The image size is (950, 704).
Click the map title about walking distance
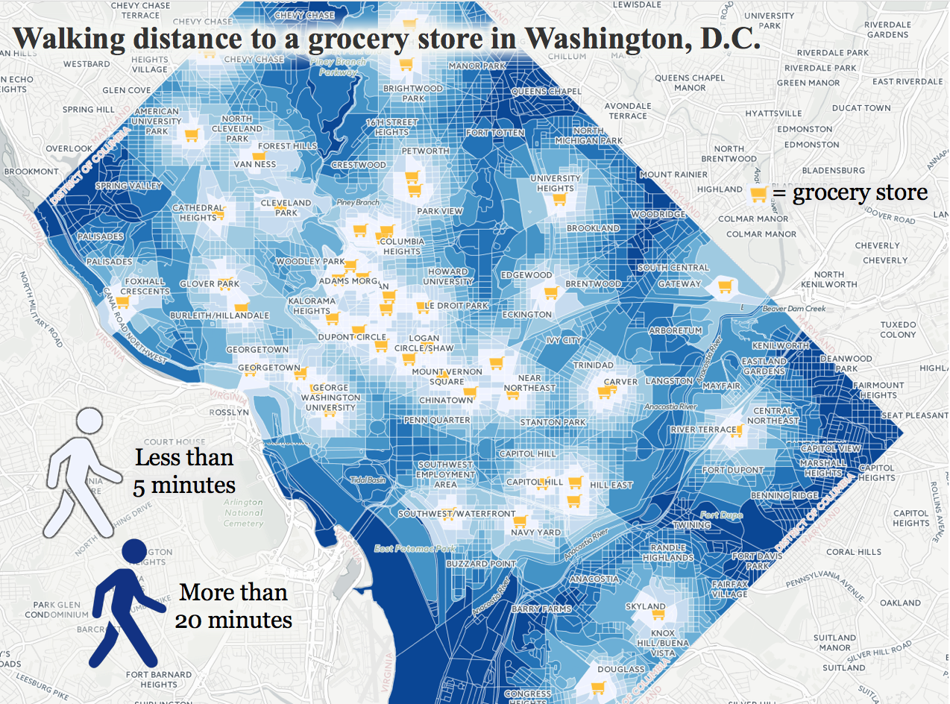pos(386,40)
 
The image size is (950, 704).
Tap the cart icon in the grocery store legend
pos(758,195)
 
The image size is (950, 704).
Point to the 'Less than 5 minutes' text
pos(184,471)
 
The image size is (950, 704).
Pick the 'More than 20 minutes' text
pos(233,606)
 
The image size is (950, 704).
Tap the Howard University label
pos(447,277)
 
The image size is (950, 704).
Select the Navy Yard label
pos(535,532)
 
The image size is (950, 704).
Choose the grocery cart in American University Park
pos(192,135)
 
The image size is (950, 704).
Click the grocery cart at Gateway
pos(724,286)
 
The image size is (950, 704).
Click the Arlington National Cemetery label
pos(243,512)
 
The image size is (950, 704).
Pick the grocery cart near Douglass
pos(597,688)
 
